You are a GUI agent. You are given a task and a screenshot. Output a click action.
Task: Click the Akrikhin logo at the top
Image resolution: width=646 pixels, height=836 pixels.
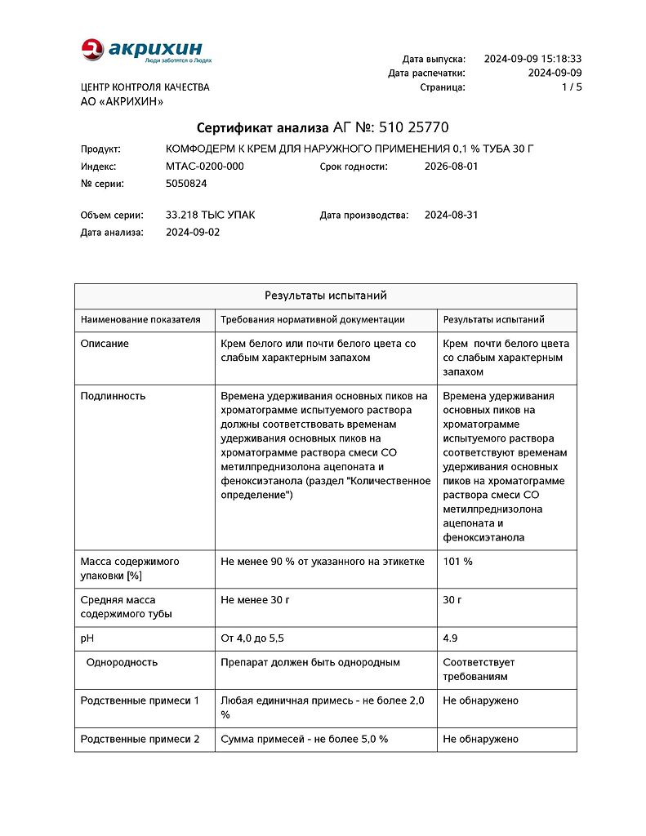click(145, 51)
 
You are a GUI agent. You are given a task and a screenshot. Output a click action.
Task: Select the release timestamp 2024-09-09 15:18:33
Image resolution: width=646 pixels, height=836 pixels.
click(532, 59)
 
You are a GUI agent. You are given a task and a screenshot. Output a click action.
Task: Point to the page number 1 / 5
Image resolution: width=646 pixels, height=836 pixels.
click(572, 87)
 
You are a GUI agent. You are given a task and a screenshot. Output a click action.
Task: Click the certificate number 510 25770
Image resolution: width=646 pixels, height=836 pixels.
click(414, 128)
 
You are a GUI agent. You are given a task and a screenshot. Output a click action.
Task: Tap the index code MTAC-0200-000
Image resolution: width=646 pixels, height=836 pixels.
click(204, 167)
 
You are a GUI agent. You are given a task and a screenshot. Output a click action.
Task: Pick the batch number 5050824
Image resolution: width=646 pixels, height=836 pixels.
click(186, 184)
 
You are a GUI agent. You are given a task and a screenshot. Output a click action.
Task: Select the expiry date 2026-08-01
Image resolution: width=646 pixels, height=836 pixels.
click(451, 167)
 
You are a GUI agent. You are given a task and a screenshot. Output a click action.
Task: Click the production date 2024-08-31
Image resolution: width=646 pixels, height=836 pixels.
click(451, 216)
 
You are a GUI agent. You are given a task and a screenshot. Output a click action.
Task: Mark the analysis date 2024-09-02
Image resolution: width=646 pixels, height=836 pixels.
click(193, 233)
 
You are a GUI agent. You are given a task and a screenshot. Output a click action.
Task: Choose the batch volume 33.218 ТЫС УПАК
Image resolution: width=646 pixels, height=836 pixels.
click(210, 216)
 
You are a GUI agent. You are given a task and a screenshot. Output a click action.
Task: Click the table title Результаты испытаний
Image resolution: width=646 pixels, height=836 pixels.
click(325, 296)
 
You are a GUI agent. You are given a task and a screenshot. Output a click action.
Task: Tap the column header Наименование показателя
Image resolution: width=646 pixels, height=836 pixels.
click(140, 320)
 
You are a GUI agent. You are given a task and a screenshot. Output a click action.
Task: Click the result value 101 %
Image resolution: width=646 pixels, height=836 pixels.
click(457, 562)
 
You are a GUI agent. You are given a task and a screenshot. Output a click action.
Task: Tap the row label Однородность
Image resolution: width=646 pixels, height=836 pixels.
click(122, 662)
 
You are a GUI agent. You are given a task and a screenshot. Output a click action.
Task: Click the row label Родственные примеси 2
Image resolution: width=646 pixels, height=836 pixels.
click(140, 739)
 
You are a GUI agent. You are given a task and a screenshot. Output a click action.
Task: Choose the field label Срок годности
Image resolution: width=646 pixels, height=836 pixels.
click(353, 167)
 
